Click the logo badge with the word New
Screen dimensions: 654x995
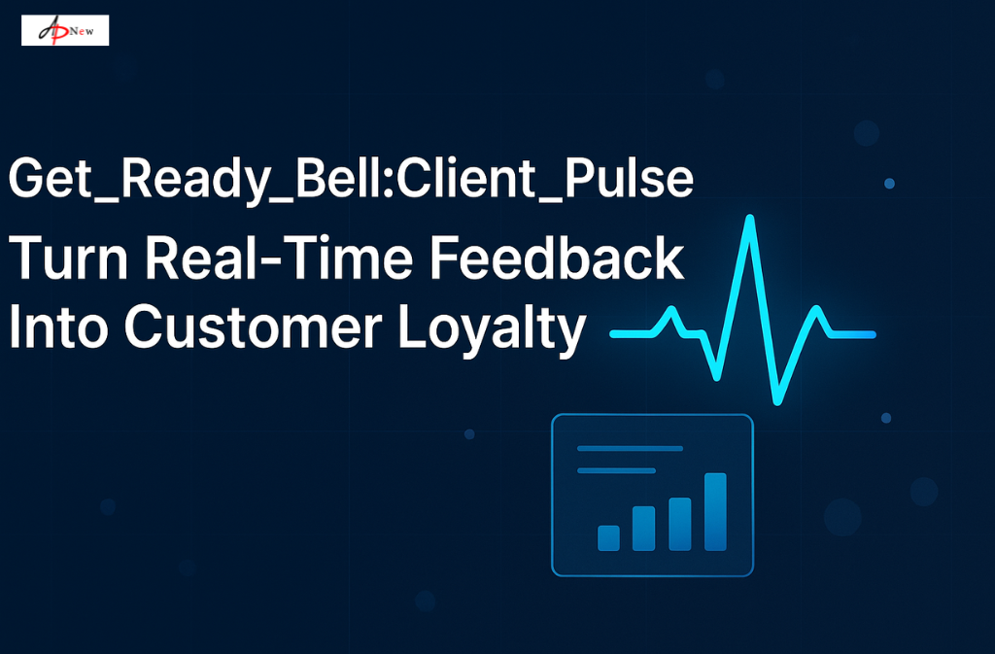coord(65,30)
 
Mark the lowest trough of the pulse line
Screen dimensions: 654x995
coord(777,399)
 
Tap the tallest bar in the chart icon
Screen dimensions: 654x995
coord(715,511)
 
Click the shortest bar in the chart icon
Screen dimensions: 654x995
coord(608,537)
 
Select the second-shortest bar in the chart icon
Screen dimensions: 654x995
coord(643,528)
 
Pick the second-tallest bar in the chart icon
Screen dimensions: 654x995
coord(679,524)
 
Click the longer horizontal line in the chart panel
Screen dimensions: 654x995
coord(630,449)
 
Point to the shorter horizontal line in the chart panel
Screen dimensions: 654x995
coord(616,470)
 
